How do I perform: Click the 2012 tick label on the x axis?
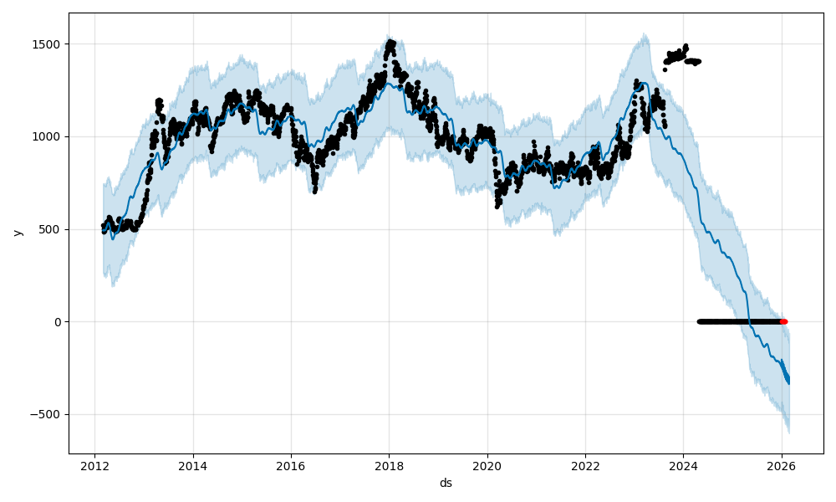click(94, 466)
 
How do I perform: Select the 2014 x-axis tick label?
click(193, 466)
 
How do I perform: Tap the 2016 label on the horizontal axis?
click(291, 466)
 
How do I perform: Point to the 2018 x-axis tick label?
click(389, 466)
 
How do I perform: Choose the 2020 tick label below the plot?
click(487, 466)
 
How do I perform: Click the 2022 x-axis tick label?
click(585, 466)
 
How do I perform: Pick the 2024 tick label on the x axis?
click(683, 466)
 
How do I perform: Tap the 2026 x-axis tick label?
click(781, 466)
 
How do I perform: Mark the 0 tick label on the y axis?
click(57, 322)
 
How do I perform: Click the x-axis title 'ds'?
click(446, 483)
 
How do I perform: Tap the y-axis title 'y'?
click(17, 233)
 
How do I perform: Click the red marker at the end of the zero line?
click(783, 321)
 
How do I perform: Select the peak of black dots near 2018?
click(390, 43)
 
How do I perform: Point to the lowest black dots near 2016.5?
click(314, 190)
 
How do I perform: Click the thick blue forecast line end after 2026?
click(788, 382)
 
